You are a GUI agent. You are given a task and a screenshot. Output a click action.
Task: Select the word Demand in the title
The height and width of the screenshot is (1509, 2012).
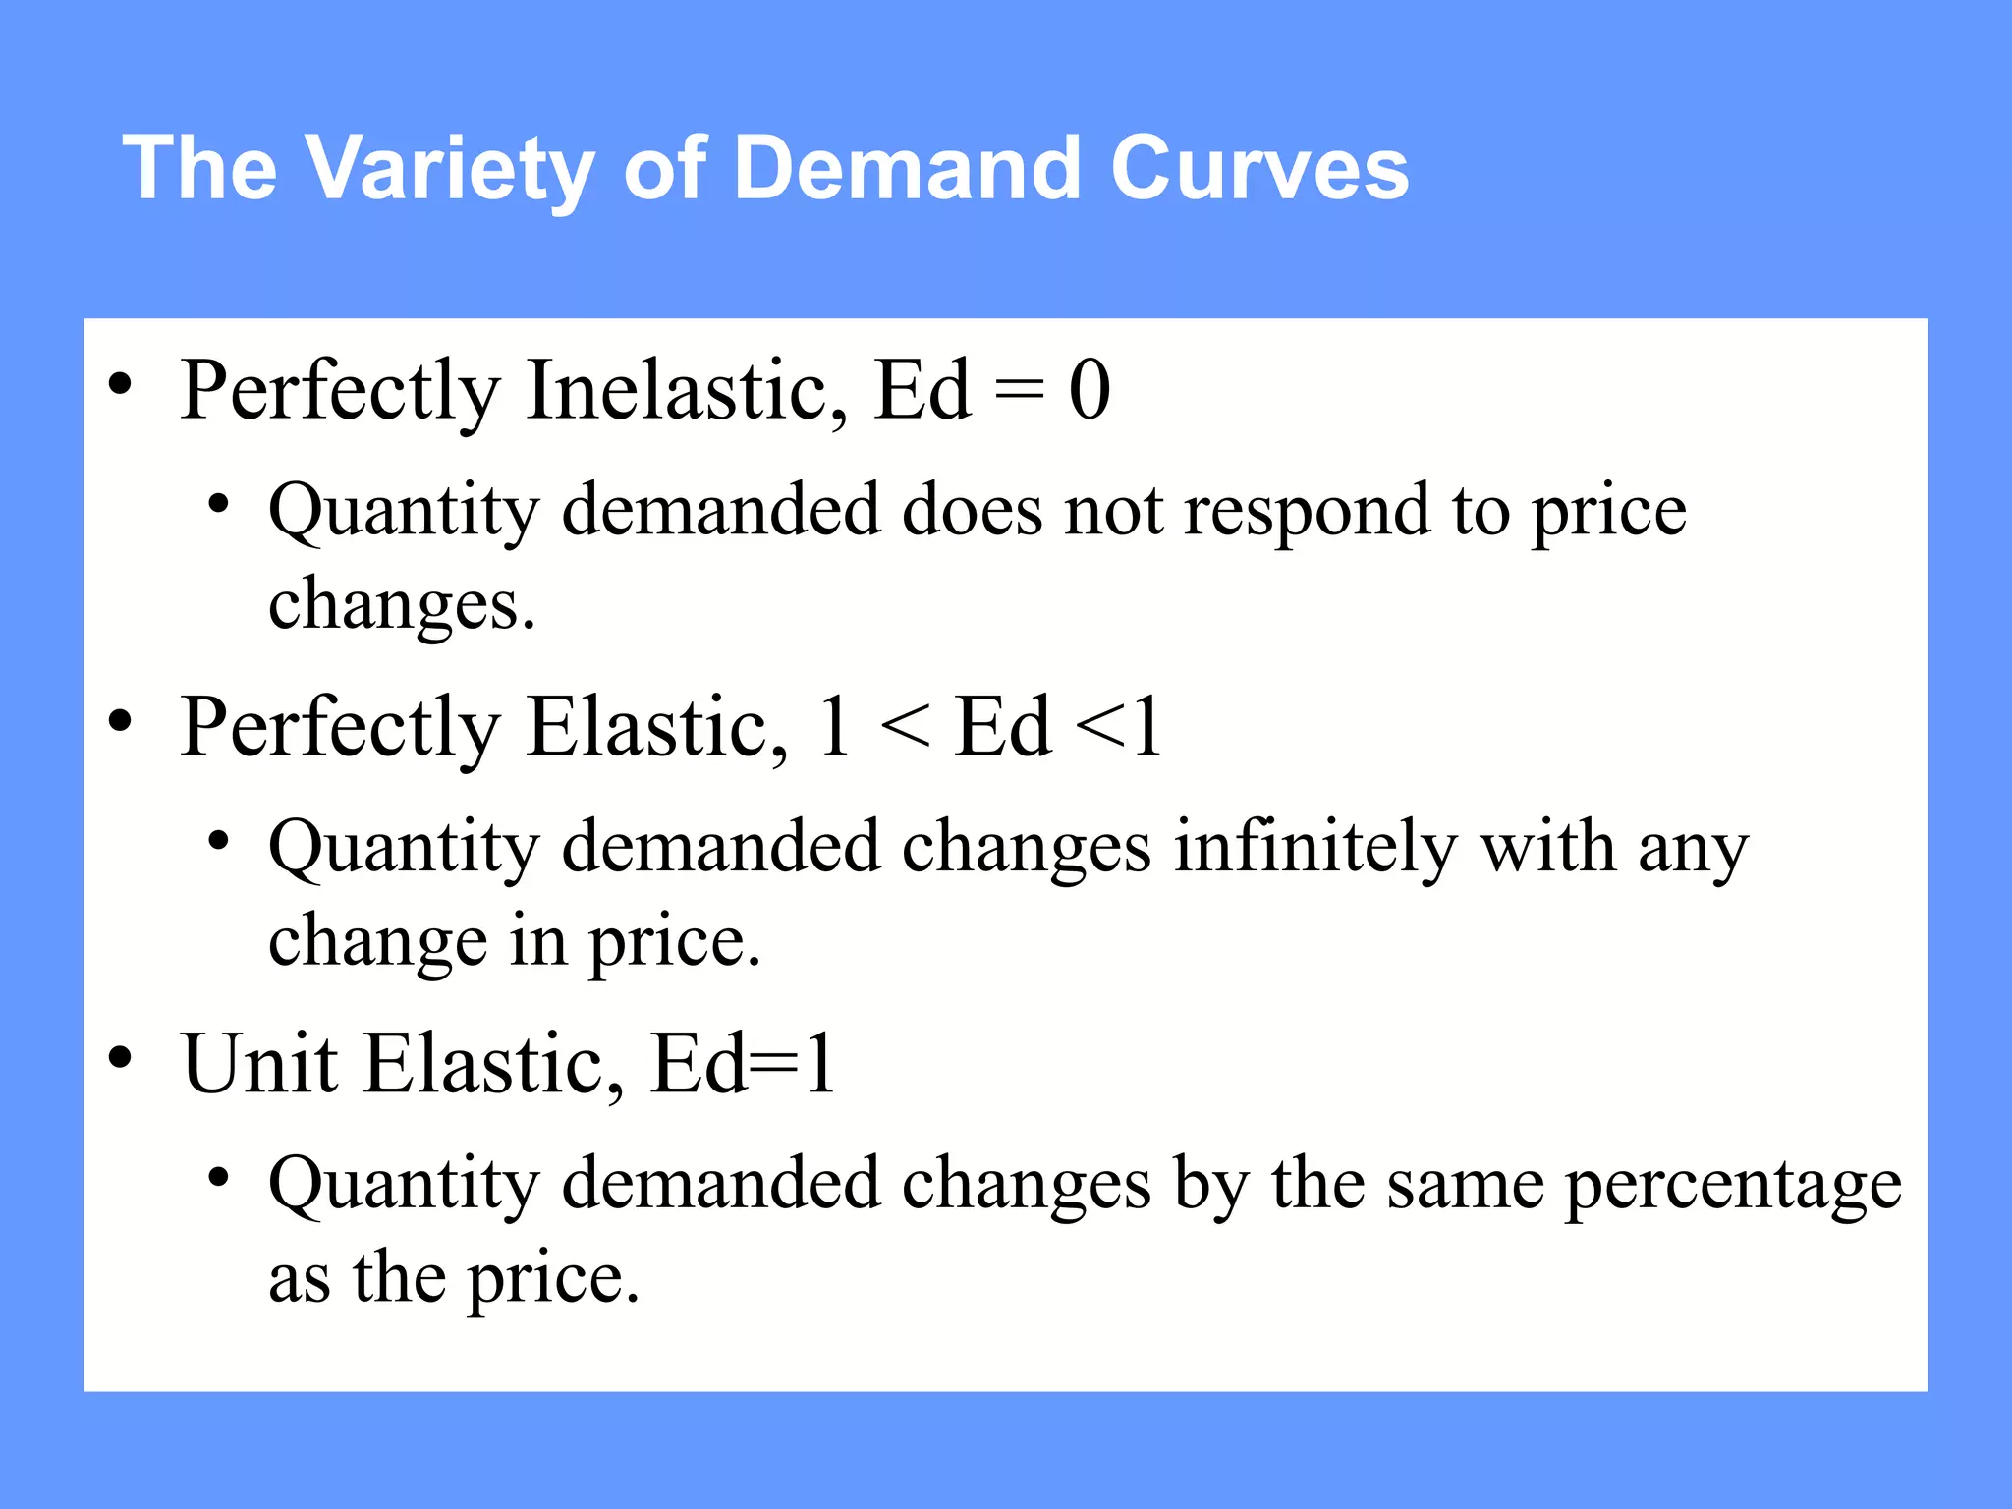pos(911,168)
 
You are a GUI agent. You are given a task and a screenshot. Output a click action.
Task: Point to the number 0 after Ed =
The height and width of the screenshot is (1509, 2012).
pos(1089,390)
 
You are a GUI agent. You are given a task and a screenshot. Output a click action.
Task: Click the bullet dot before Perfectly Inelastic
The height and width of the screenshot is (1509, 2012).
pos(120,385)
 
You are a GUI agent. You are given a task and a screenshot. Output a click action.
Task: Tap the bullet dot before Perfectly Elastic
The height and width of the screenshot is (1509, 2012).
pos(120,722)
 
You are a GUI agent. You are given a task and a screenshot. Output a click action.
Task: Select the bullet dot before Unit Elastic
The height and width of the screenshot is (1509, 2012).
pos(120,1058)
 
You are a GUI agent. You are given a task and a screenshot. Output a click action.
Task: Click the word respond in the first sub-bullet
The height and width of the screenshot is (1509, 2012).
pos(1306,511)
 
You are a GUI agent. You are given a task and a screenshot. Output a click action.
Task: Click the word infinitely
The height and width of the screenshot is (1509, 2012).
pos(1315,847)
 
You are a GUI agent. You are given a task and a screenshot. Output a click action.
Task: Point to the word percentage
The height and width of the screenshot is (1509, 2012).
pos(1732,1186)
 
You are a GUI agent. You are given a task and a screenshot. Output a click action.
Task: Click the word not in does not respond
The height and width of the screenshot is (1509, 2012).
pos(1113,511)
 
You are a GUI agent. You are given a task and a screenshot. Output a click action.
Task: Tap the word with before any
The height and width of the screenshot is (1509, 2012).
pos(1546,847)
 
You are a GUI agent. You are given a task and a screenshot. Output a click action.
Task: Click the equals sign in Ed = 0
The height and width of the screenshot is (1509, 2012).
pos(1019,390)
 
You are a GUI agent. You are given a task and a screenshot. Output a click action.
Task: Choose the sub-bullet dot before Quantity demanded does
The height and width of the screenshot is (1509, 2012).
pos(218,505)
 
